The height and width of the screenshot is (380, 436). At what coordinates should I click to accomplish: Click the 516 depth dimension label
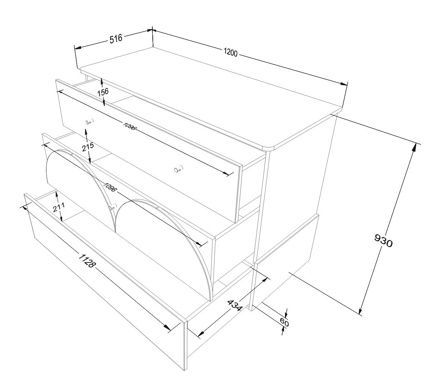pyautogui.click(x=116, y=39)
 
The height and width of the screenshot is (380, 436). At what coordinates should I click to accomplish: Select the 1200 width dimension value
pyautogui.click(x=231, y=52)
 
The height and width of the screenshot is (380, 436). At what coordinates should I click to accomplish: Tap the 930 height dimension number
pyautogui.click(x=383, y=241)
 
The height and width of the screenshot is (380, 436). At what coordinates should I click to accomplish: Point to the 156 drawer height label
pyautogui.click(x=103, y=92)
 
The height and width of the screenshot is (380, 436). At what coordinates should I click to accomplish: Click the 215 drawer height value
pyautogui.click(x=88, y=147)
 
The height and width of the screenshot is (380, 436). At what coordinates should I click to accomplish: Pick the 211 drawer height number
pyautogui.click(x=58, y=207)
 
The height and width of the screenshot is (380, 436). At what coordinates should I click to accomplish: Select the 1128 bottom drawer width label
pyautogui.click(x=87, y=260)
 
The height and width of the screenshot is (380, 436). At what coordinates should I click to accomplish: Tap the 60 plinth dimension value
pyautogui.click(x=284, y=323)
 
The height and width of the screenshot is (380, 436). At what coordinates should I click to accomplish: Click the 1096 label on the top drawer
pyautogui.click(x=129, y=126)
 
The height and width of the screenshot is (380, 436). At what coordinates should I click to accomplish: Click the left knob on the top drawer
pyautogui.click(x=89, y=122)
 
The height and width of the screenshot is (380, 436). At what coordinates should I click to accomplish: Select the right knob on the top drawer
pyautogui.click(x=177, y=170)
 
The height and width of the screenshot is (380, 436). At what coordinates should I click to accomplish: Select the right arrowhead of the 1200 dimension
pyautogui.click(x=343, y=84)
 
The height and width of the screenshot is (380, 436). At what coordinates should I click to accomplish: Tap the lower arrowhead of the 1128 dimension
pyautogui.click(x=167, y=327)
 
